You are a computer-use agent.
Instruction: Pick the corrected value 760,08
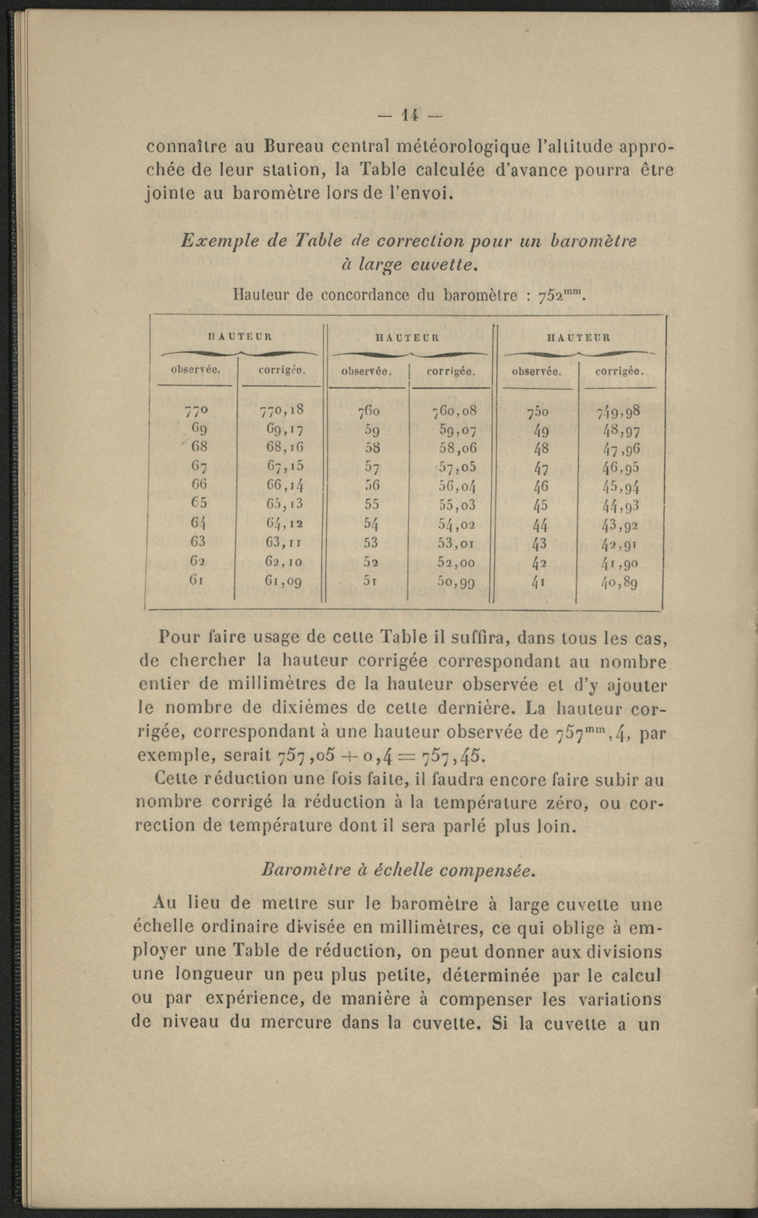pyautogui.click(x=454, y=411)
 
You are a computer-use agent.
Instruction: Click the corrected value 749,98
pyautogui.click(x=618, y=412)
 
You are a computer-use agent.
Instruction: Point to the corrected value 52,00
pyautogui.click(x=456, y=562)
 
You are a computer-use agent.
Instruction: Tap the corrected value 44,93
pyautogui.click(x=620, y=506)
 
